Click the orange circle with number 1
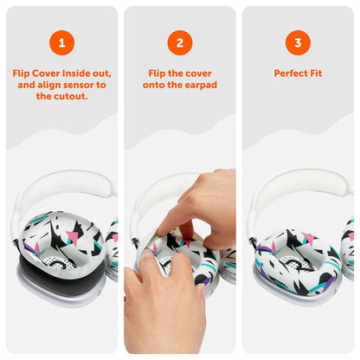click(61, 42)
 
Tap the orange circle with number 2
click(179, 42)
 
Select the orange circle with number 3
click(297, 42)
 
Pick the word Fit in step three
click(315, 74)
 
